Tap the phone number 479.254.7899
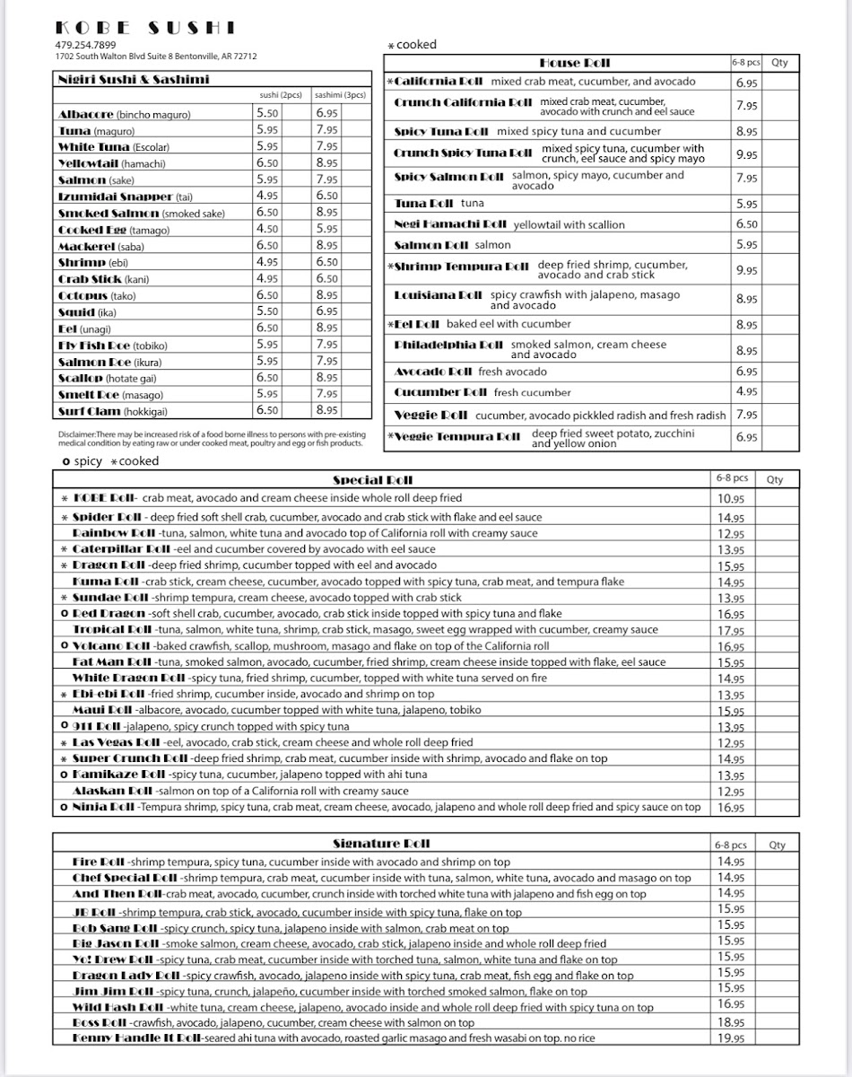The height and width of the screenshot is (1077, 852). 85,45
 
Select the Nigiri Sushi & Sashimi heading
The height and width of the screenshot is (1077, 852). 133,79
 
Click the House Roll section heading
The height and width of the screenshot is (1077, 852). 574,63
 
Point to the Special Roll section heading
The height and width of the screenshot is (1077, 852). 372,480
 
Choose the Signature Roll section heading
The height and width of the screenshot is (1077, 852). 381,844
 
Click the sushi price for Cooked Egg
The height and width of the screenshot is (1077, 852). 267,229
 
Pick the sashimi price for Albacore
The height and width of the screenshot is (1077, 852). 326,113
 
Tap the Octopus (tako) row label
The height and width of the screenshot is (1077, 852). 97,295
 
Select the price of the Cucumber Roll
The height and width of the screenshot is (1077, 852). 746,392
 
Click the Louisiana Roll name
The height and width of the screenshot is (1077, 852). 439,294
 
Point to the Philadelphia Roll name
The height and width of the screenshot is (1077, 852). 448,345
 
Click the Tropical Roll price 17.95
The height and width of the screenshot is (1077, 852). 731,631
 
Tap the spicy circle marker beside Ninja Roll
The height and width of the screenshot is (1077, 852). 65,807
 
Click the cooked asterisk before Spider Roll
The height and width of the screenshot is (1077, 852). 65,518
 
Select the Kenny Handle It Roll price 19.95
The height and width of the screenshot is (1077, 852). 731,1038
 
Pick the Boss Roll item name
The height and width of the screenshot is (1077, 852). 100,1022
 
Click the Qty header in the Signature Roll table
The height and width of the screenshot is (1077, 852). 777,845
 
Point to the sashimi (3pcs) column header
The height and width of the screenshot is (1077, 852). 340,94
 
